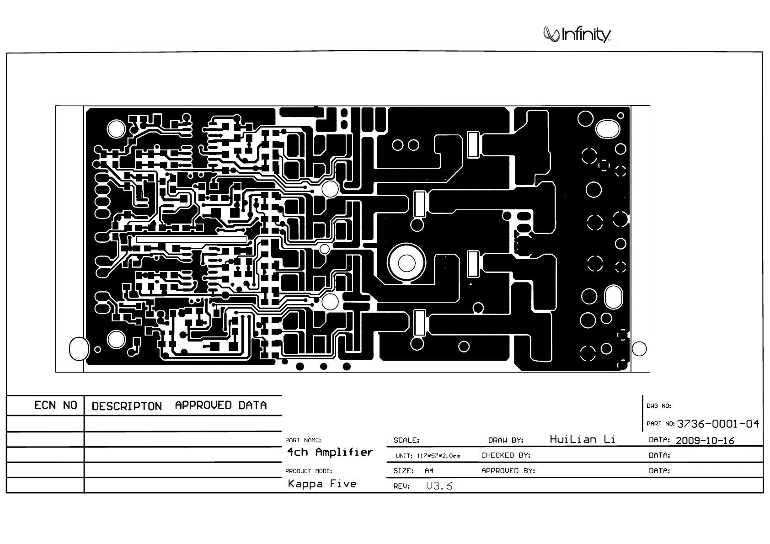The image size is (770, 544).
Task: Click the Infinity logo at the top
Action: click(577, 35)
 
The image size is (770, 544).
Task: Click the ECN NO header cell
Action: click(56, 405)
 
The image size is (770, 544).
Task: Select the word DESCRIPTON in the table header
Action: click(127, 406)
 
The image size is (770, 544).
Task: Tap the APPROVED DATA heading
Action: click(221, 405)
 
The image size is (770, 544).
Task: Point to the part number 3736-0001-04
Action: click(717, 424)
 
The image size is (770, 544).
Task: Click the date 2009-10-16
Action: click(705, 441)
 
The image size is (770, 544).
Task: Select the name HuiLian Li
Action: click(582, 440)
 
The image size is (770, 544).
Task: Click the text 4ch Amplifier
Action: click(330, 453)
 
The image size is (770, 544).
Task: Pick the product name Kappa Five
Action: click(322, 484)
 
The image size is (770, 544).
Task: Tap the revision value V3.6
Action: click(439, 486)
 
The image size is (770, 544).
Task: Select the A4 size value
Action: click(429, 471)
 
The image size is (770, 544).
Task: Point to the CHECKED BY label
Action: click(506, 455)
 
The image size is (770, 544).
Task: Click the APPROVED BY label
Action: click(508, 471)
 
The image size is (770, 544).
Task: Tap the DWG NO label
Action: click(658, 406)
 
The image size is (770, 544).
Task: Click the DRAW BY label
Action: click(506, 441)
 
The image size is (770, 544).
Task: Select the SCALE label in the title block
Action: click(406, 441)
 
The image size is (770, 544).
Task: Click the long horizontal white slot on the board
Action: click(191, 239)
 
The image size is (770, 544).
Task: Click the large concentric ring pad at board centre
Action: click(406, 263)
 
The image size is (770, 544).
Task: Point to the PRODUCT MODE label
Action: click(309, 471)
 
